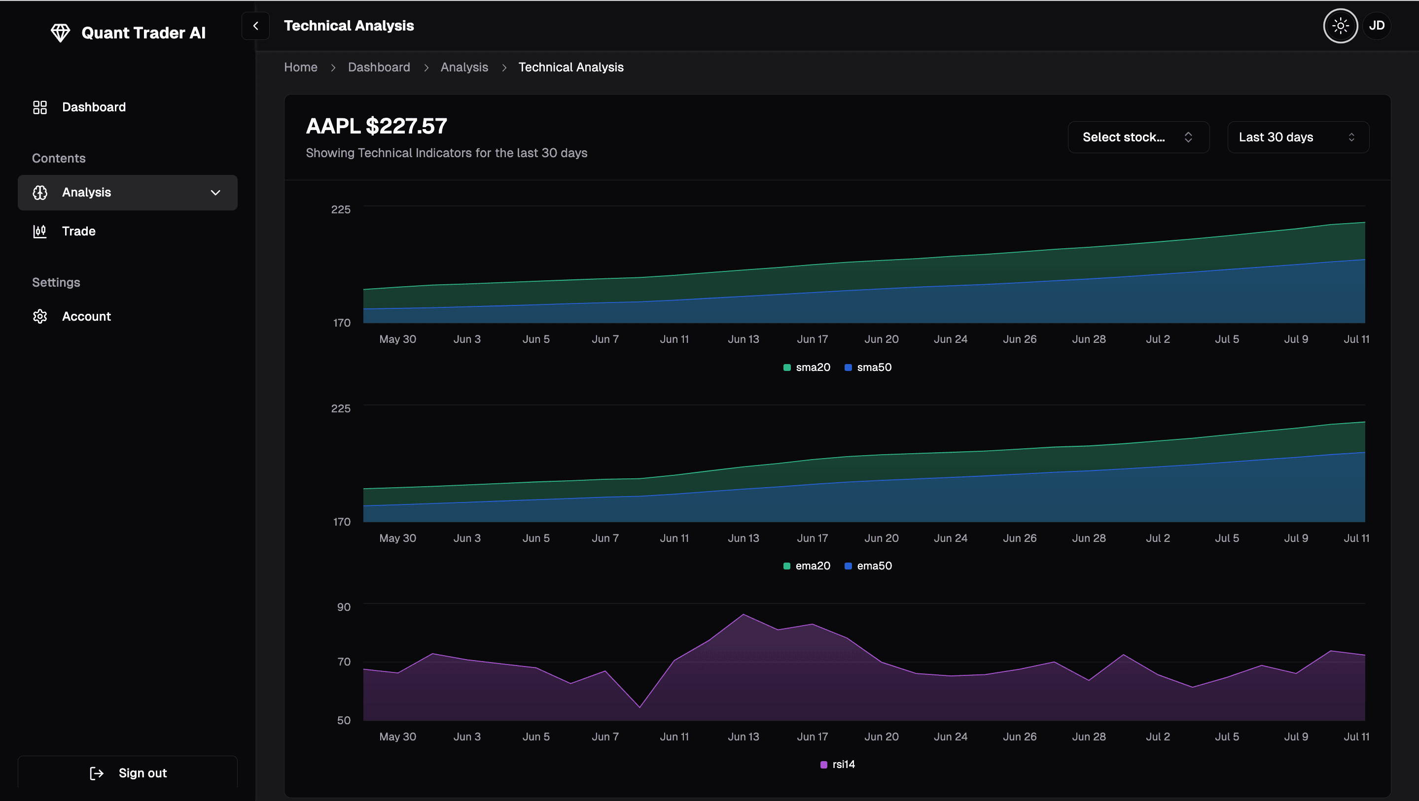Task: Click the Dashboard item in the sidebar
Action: click(94, 107)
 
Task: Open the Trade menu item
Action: click(78, 231)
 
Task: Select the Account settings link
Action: click(86, 317)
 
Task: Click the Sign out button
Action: click(128, 773)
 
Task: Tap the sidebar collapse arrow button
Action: click(255, 26)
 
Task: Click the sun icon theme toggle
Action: click(1340, 26)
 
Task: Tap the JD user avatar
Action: click(1377, 26)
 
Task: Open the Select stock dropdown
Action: click(1138, 137)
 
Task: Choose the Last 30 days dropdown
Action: click(1298, 137)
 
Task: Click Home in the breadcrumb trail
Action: click(301, 67)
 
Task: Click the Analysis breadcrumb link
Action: click(464, 67)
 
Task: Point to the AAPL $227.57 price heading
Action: click(376, 126)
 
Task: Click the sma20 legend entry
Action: click(807, 367)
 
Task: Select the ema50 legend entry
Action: click(868, 566)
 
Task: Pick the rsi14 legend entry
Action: click(838, 764)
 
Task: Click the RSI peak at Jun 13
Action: click(744, 614)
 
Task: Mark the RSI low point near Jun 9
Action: click(639, 707)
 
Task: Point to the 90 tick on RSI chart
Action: click(344, 607)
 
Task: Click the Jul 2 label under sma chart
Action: click(1158, 339)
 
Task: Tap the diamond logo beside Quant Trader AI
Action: click(60, 33)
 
